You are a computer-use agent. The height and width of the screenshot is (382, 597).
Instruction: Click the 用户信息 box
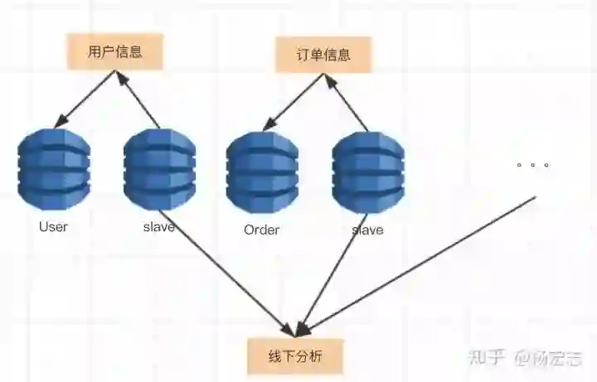tap(114, 51)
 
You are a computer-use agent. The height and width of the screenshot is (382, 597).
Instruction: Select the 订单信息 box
tap(323, 55)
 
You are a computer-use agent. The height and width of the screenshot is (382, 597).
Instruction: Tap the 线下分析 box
tap(294, 356)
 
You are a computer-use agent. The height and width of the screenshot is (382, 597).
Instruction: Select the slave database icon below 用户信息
tap(159, 168)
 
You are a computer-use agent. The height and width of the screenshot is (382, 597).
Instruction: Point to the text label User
tap(53, 226)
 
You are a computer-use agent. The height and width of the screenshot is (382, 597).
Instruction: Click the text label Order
tap(262, 230)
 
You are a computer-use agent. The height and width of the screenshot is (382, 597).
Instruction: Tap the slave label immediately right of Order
tap(367, 230)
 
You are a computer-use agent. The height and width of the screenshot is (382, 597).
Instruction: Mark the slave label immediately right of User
tap(158, 226)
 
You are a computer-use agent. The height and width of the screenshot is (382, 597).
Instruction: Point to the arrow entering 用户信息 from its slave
tap(138, 101)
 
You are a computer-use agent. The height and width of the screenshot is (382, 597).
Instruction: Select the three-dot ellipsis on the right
tap(533, 165)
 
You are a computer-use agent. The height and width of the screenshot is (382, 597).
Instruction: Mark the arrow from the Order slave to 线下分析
tap(332, 273)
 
